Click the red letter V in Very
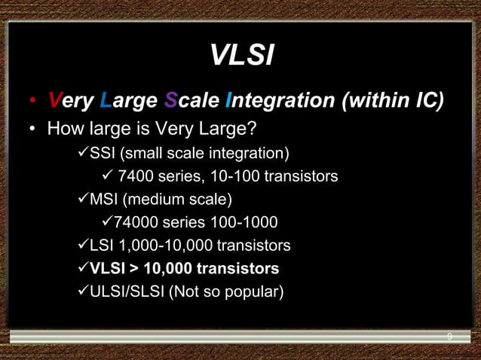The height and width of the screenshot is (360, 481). (x=54, y=99)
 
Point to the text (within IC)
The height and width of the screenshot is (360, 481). (x=393, y=99)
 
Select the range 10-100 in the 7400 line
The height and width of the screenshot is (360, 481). (x=229, y=177)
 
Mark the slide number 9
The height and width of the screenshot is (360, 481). (x=449, y=336)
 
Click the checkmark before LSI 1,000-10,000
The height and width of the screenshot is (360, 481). (x=82, y=245)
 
